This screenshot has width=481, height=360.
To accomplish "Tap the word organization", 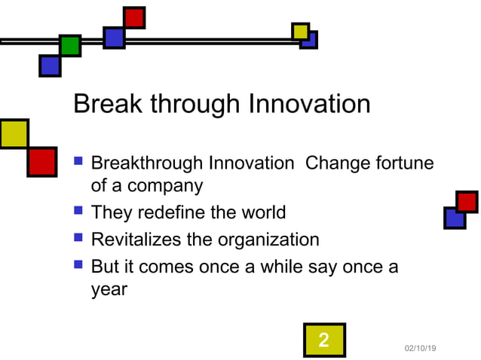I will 268,240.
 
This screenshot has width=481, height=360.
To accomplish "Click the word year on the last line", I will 109,288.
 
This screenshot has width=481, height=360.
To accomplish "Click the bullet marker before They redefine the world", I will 78,211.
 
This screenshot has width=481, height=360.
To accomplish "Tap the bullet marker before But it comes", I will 78,265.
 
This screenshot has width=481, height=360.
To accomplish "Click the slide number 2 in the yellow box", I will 324,340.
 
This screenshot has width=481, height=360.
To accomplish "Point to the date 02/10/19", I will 421,348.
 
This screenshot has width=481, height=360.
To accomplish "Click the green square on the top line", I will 70,46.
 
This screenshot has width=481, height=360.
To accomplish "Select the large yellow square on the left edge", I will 13,133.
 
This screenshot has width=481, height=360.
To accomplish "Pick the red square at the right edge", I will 467,202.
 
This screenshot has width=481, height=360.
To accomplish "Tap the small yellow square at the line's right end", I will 300,31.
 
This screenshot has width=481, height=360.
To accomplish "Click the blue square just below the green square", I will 50,66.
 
